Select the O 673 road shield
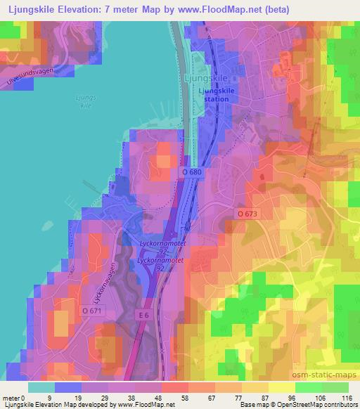(247, 213)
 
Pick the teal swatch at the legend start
(41, 387)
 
